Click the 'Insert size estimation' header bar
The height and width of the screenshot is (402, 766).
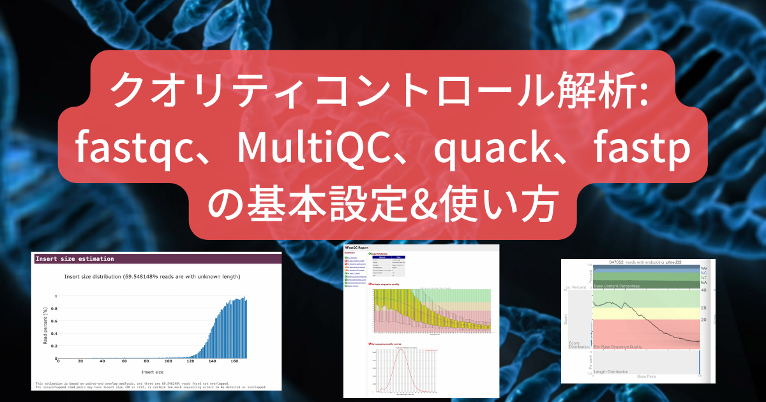[156, 258]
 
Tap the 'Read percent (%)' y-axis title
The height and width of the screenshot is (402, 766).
[45, 325]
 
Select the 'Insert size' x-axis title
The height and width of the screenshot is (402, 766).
[151, 371]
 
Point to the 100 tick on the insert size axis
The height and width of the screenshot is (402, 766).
[173, 362]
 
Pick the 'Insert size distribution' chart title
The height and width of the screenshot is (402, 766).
[151, 276]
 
